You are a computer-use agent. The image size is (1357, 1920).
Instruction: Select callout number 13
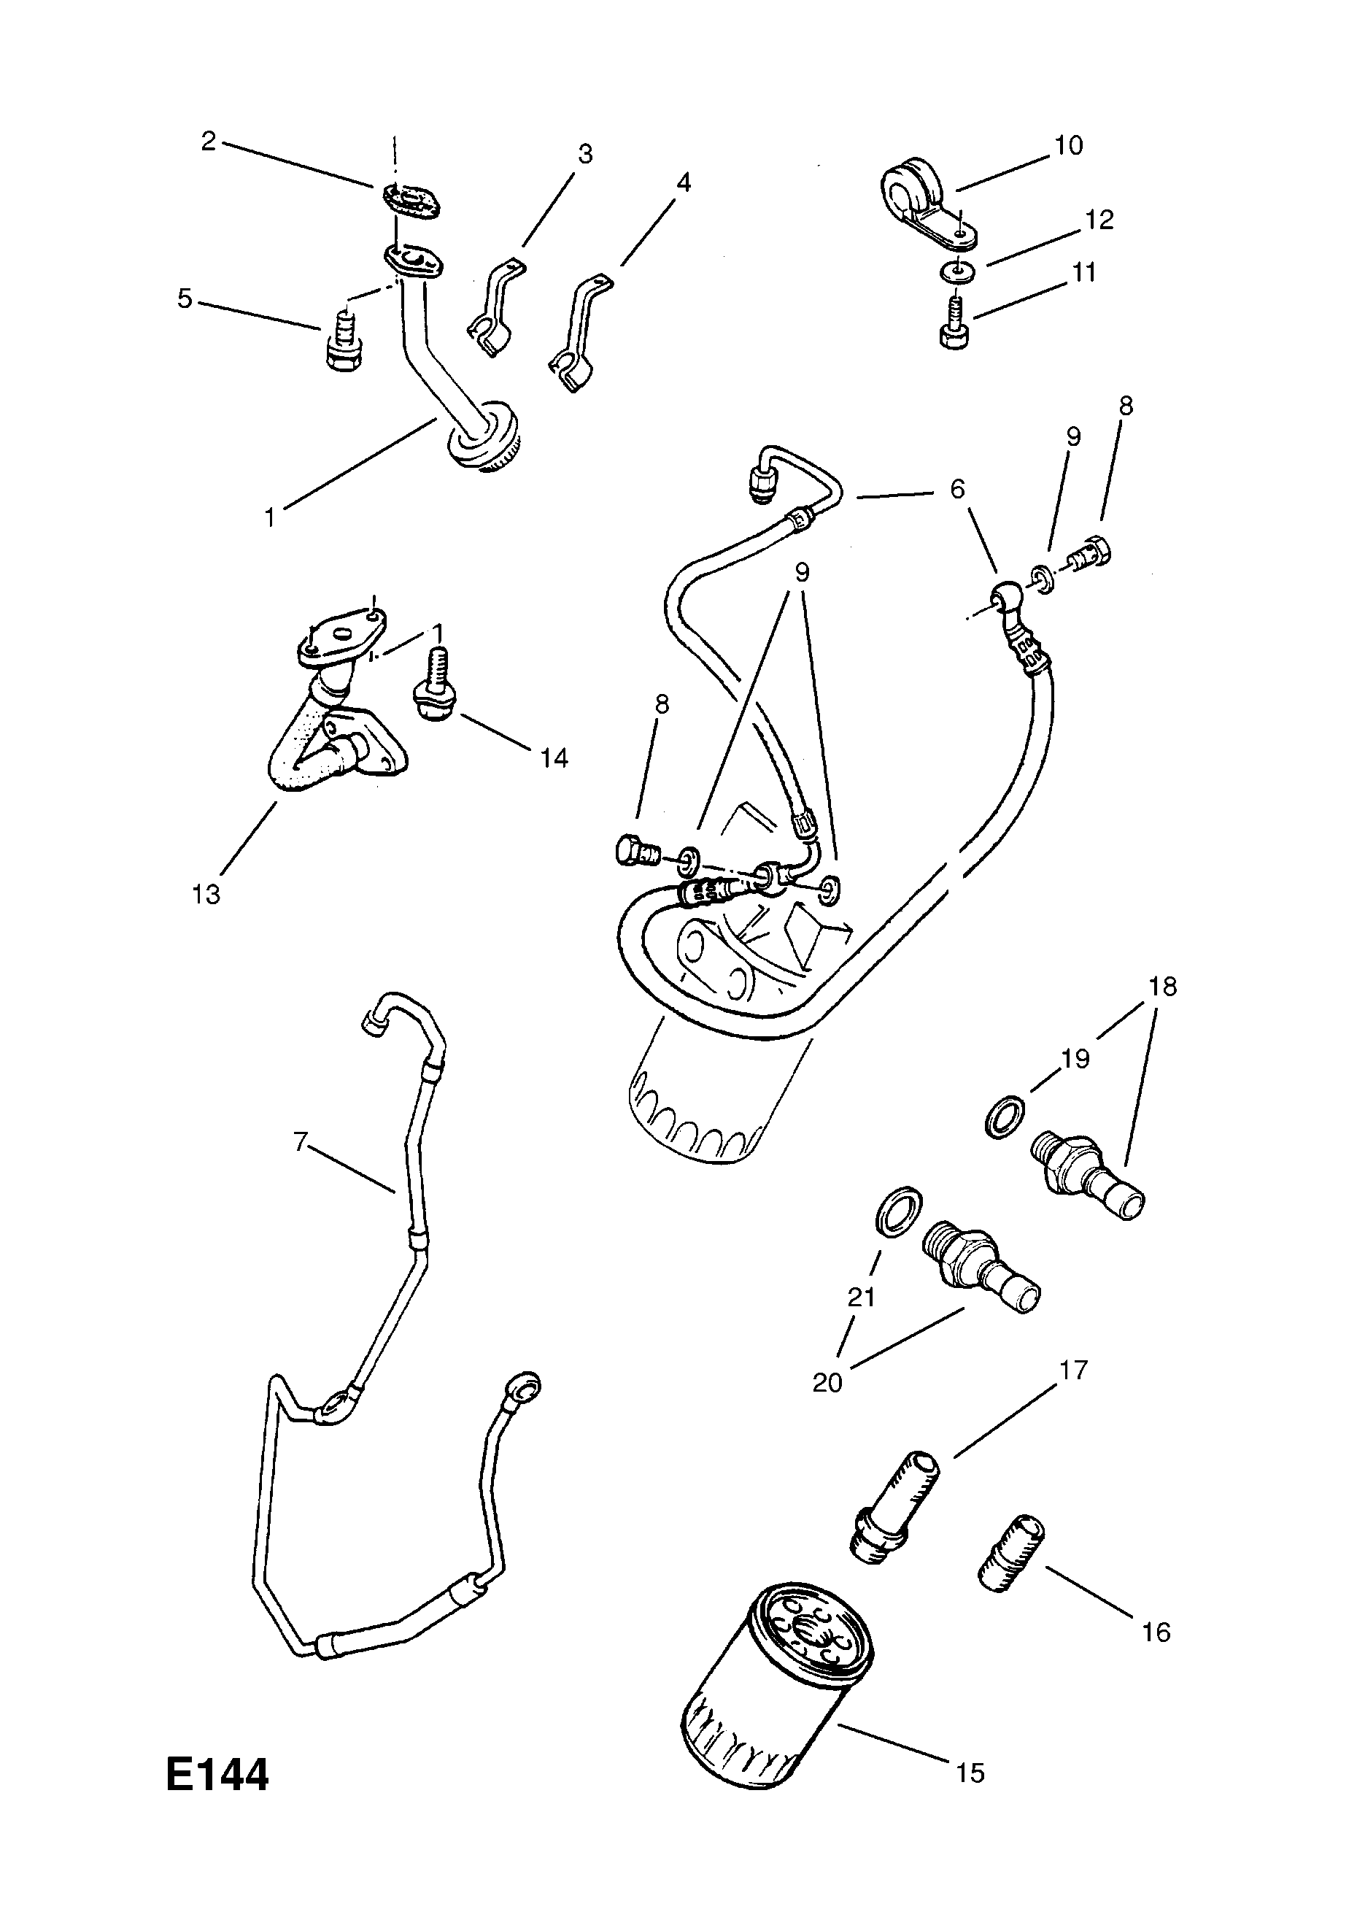click(x=206, y=893)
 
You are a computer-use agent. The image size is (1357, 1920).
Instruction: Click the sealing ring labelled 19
click(x=1003, y=1116)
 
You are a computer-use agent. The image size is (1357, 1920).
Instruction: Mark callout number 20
click(x=827, y=1382)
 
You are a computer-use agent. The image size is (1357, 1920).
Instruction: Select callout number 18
click(x=1163, y=987)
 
